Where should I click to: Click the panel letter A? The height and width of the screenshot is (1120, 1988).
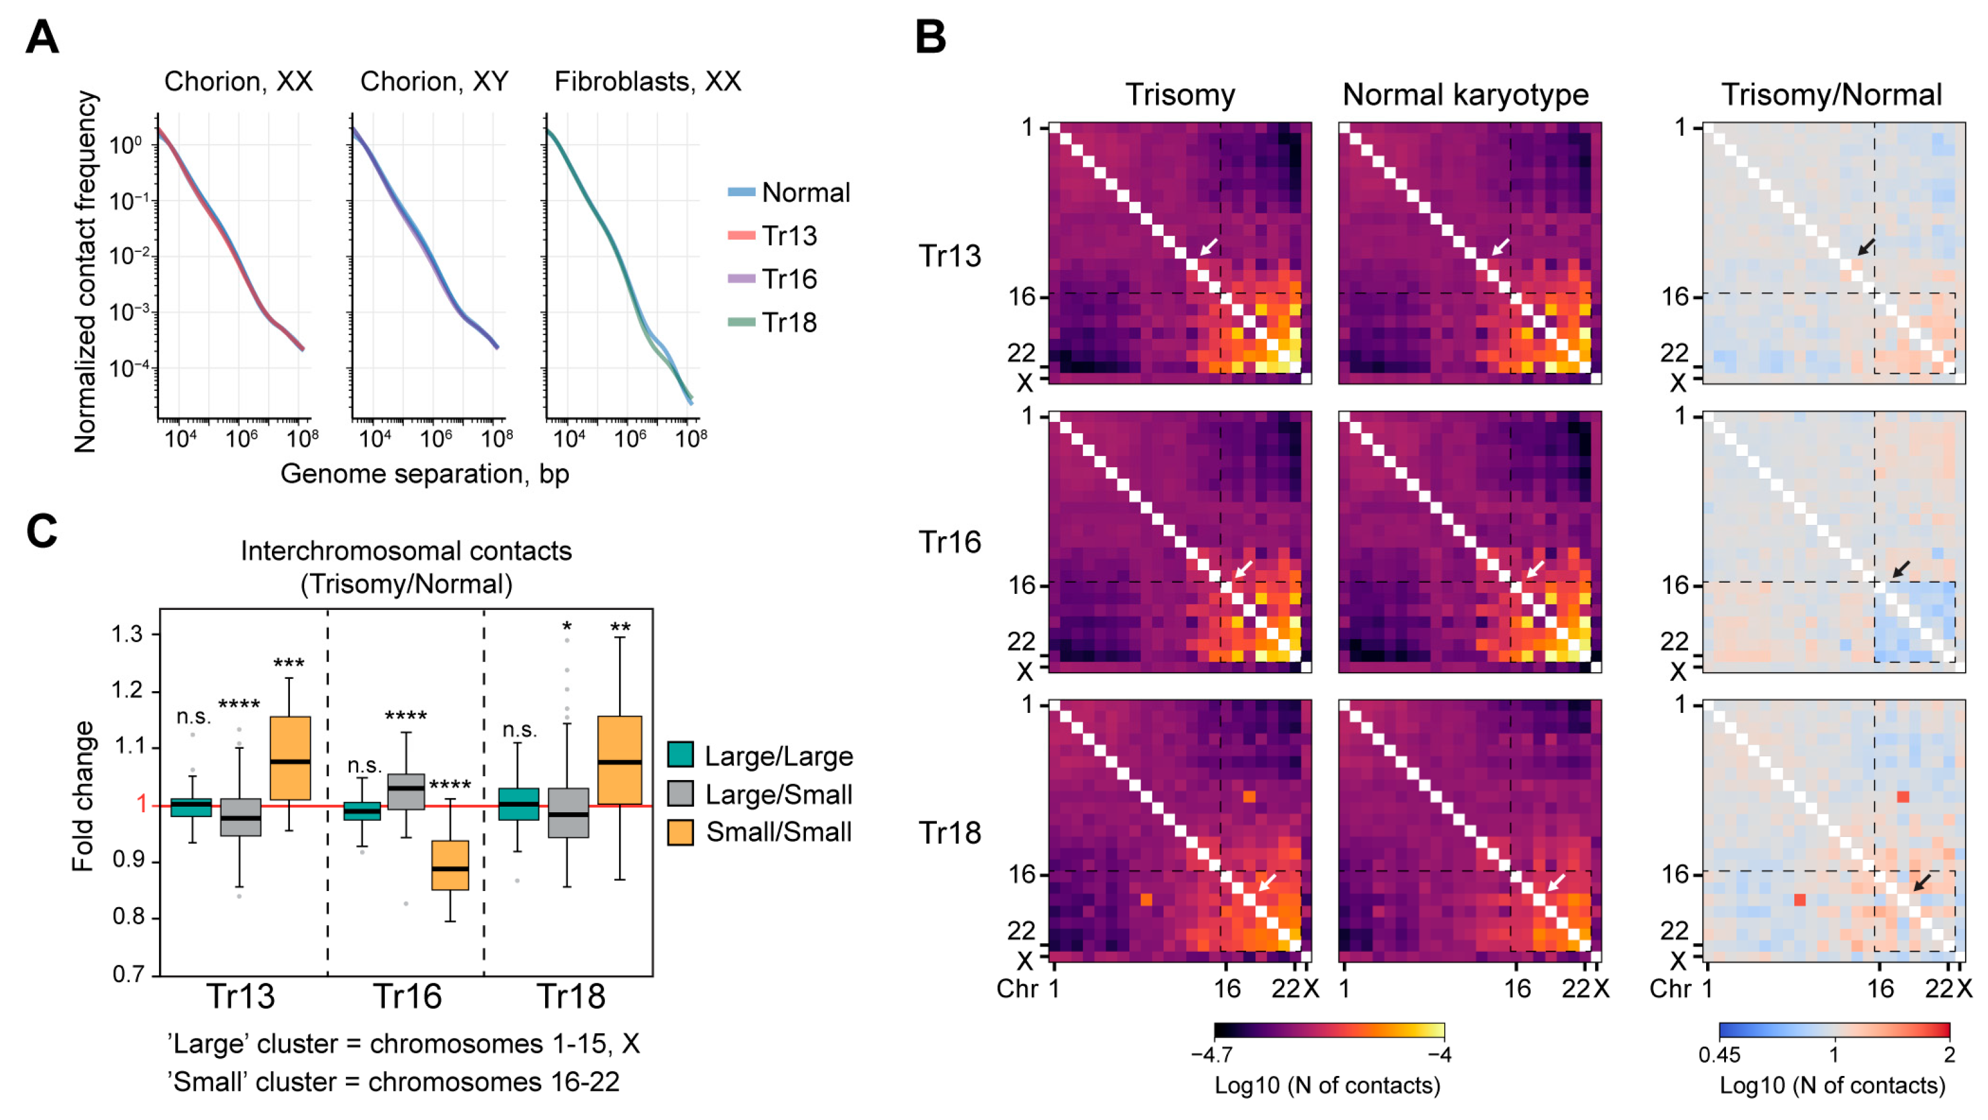pyautogui.click(x=42, y=37)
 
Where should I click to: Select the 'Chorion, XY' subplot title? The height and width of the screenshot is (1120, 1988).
pyautogui.click(x=434, y=81)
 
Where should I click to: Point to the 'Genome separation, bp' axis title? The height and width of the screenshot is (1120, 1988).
pyautogui.click(x=425, y=473)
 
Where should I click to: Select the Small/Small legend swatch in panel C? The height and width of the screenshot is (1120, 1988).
pyautogui.click(x=680, y=832)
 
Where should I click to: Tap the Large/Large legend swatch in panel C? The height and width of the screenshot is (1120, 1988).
pyautogui.click(x=680, y=755)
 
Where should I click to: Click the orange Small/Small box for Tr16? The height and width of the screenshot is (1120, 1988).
pyautogui.click(x=450, y=865)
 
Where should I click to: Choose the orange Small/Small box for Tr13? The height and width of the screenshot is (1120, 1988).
pyautogui.click(x=290, y=758)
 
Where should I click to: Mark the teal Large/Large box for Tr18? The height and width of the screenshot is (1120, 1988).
pyautogui.click(x=518, y=804)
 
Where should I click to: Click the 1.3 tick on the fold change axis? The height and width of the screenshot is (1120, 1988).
pyautogui.click(x=127, y=634)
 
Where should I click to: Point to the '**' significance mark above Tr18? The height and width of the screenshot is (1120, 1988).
pyautogui.click(x=620, y=627)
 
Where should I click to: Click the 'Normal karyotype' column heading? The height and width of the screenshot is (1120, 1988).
pyautogui.click(x=1465, y=95)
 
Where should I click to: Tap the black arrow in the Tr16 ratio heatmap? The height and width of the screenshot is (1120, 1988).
pyautogui.click(x=1902, y=568)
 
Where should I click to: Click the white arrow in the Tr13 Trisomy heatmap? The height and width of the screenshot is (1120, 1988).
pyautogui.click(x=1209, y=247)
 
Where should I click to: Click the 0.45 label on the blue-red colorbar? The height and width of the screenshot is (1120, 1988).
pyautogui.click(x=1719, y=1054)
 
